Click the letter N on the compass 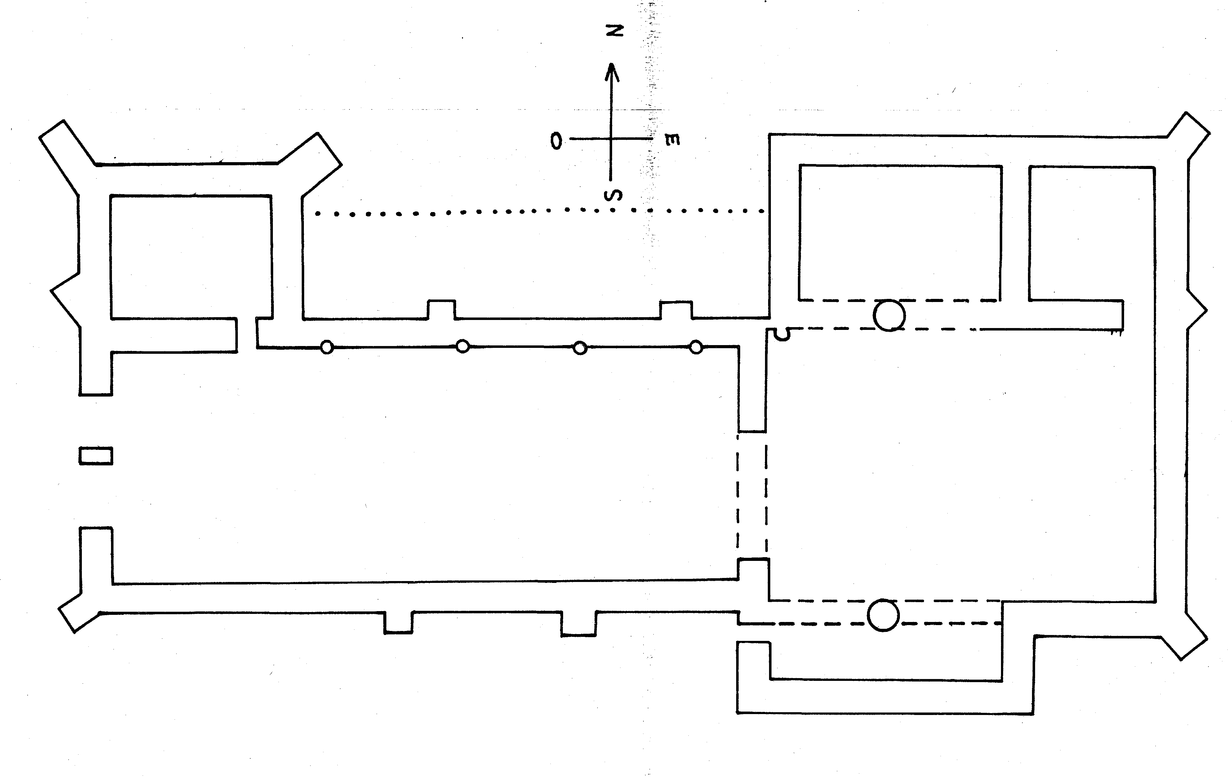tap(616, 31)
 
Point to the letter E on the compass tap(672, 140)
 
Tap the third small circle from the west tap(580, 348)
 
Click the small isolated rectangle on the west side tap(96, 456)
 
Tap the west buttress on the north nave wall tap(441, 309)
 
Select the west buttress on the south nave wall tap(398, 623)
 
